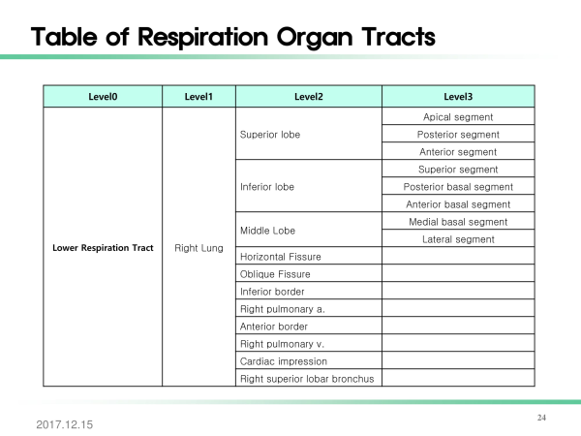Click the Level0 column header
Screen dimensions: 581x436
103,97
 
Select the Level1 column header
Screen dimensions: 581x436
199,97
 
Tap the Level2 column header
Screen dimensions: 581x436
309,97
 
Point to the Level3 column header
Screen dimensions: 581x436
458,97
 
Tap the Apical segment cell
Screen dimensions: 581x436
458,117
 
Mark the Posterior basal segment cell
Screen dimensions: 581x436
458,187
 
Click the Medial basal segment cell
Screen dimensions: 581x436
458,222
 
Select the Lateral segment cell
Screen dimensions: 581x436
458,239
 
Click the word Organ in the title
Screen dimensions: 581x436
315,38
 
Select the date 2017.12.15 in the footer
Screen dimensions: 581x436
65,424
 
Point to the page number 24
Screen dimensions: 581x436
541,418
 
